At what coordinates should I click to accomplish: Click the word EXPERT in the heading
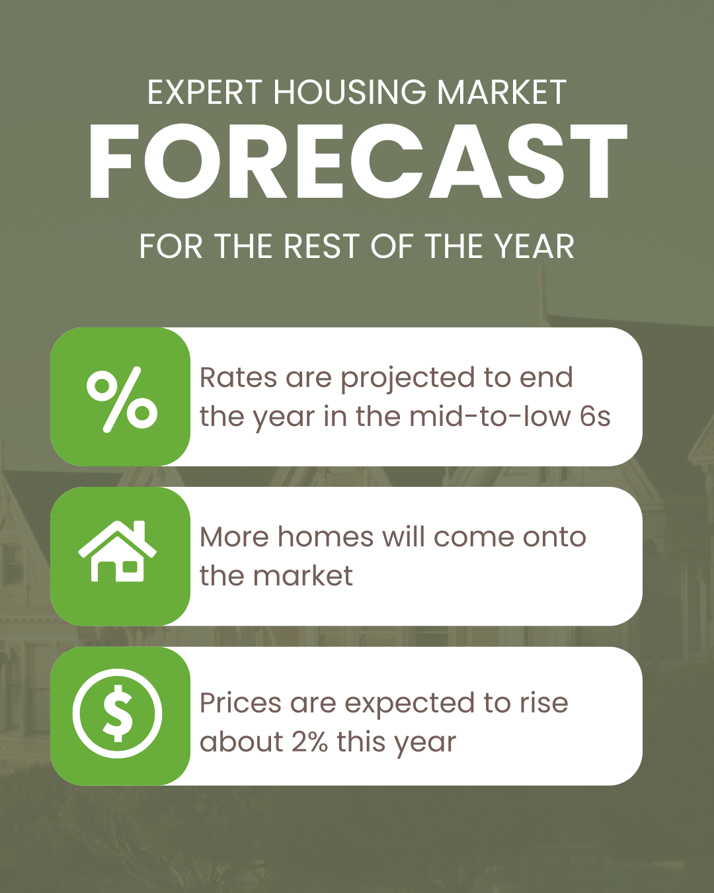(205, 92)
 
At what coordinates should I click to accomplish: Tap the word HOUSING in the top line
(350, 92)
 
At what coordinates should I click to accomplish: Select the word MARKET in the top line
(502, 92)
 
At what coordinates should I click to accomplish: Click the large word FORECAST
(357, 161)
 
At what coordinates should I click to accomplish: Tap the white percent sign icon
(122, 400)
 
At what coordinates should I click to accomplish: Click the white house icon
(118, 551)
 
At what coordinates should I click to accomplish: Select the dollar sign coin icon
(118, 714)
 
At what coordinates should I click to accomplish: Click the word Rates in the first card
(238, 378)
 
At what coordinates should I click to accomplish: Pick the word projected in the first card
(408, 379)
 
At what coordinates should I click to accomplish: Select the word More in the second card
(235, 537)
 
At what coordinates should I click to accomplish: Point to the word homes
(326, 536)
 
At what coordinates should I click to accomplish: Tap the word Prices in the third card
(240, 703)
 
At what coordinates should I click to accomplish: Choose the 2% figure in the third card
(309, 742)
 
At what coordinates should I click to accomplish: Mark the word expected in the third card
(410, 704)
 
